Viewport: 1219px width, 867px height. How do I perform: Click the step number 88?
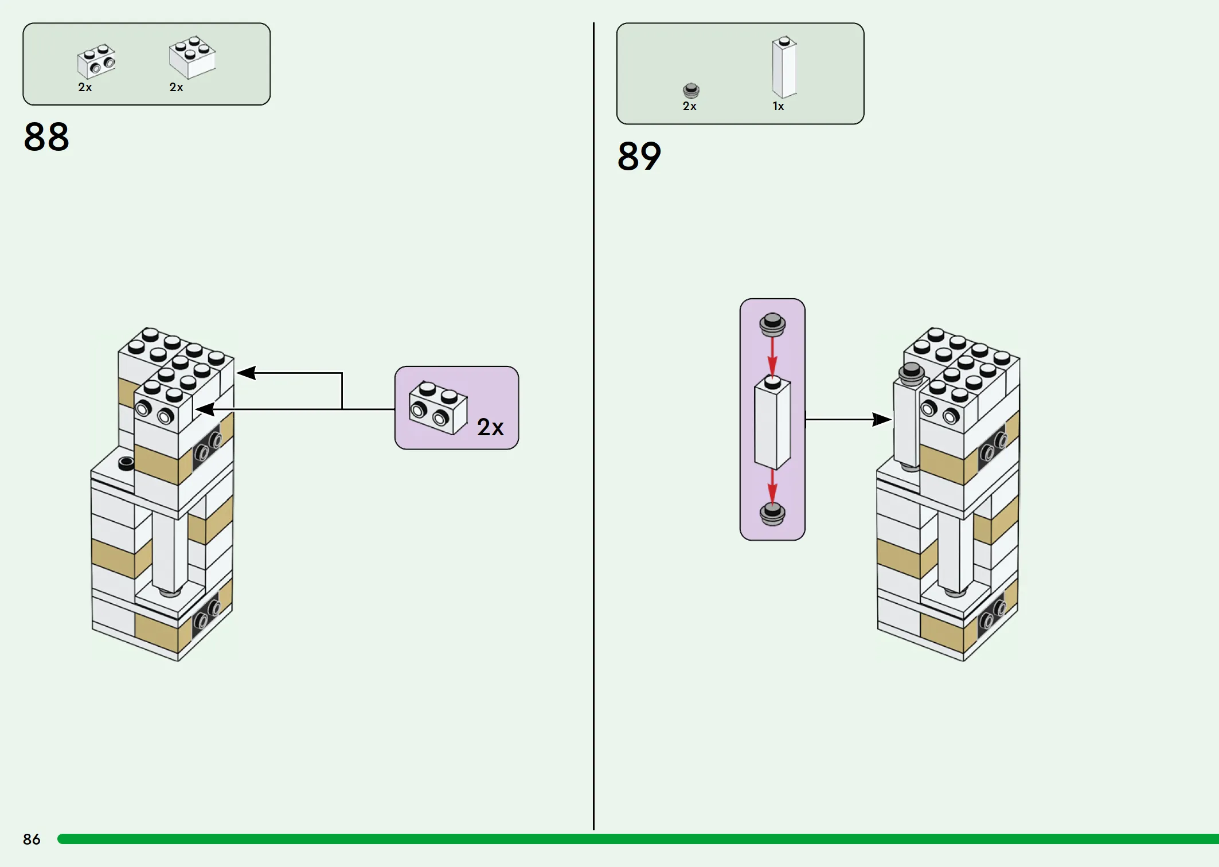pos(46,137)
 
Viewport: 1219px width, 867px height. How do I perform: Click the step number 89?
pos(639,156)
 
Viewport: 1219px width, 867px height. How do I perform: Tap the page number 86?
pos(32,839)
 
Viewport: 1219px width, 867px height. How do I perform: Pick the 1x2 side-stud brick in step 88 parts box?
pos(96,61)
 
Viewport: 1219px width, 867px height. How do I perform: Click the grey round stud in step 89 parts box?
pos(691,91)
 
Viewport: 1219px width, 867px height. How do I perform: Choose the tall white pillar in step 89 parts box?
pos(784,67)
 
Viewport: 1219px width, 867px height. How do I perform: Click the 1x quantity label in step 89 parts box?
pos(778,106)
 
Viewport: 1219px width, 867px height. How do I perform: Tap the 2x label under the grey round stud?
pos(690,106)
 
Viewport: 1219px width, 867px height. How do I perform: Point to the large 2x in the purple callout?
pos(490,427)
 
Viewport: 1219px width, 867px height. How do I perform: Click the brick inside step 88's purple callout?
pos(438,408)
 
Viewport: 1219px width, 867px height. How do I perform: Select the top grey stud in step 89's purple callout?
pos(772,325)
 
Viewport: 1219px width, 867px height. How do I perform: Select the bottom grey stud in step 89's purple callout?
pos(772,514)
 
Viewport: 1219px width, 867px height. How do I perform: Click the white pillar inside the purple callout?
pos(772,423)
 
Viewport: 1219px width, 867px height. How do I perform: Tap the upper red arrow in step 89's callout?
pos(772,357)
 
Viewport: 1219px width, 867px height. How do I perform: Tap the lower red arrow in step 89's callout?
pos(772,487)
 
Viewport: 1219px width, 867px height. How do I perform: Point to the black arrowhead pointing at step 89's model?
pos(882,419)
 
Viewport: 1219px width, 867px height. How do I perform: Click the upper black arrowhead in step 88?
pos(246,373)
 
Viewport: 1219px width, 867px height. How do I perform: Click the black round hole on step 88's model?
pos(126,463)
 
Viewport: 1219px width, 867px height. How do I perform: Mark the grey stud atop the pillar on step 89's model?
pos(911,373)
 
